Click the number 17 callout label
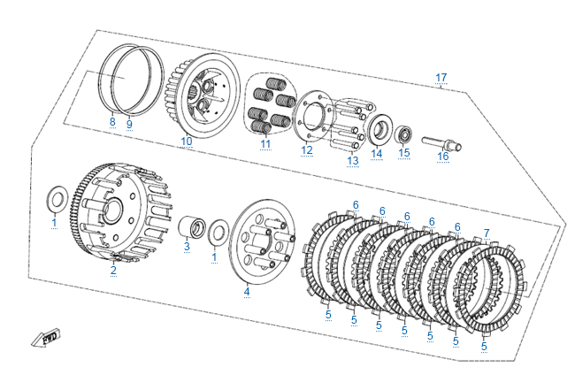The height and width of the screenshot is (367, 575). [x=441, y=79]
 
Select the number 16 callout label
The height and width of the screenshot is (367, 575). [x=443, y=157]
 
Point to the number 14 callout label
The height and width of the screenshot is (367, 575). [x=377, y=153]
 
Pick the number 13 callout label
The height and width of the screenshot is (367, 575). [x=353, y=160]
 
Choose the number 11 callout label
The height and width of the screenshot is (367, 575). [x=265, y=143]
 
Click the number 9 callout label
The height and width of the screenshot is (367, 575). [x=128, y=123]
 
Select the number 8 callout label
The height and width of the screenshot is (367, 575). [x=112, y=123]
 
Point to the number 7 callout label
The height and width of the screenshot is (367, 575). [x=486, y=233]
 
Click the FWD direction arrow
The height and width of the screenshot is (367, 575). [x=45, y=337]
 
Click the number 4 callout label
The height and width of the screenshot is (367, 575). [x=247, y=292]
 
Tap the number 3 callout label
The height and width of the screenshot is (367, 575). [x=187, y=248]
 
